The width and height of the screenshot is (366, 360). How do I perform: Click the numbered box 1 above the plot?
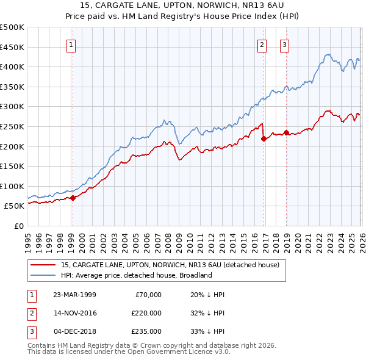(72, 44)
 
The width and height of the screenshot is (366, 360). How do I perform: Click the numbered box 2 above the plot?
(262, 44)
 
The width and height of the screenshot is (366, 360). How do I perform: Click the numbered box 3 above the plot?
(284, 44)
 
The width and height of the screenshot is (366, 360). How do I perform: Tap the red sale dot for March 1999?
(73, 198)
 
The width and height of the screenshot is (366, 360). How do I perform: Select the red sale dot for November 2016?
(264, 139)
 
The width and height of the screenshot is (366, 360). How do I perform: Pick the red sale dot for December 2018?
(286, 132)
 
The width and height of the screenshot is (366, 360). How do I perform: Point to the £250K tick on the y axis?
(12, 126)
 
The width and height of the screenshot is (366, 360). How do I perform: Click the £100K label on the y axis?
(12, 186)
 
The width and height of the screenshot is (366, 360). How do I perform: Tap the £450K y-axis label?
(12, 47)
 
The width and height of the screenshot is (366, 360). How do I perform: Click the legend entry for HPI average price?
(135, 275)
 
